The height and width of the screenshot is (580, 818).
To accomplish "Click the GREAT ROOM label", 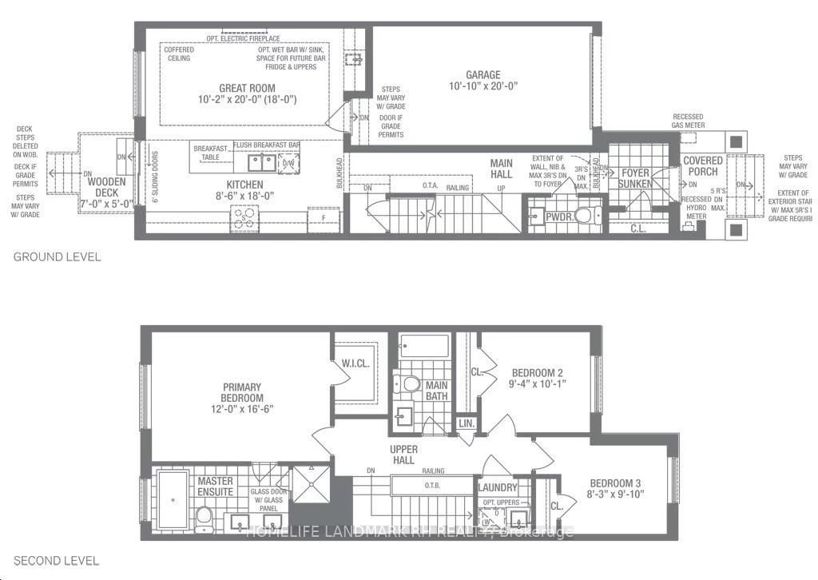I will (x=247, y=88).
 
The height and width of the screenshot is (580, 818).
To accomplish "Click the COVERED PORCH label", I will (x=702, y=166).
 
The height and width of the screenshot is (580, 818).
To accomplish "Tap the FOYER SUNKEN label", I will (x=635, y=177).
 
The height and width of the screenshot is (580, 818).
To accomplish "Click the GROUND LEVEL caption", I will (x=57, y=257).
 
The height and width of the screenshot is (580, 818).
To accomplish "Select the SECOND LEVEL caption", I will (x=57, y=561).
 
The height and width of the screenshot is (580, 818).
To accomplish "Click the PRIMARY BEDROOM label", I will (x=243, y=392).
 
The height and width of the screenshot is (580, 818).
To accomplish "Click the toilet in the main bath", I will (x=410, y=384).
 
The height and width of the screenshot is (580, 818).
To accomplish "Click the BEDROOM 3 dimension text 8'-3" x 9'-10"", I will (x=616, y=494).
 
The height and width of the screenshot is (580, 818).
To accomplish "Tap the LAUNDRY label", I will (x=498, y=487).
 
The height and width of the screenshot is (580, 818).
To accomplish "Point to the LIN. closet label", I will (x=466, y=423).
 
